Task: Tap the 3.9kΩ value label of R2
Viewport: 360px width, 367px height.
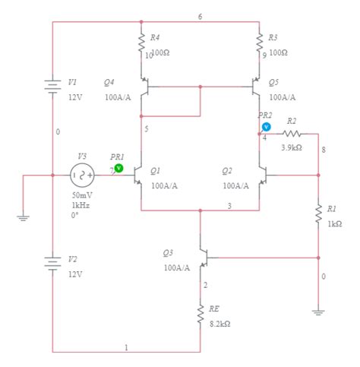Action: [292, 147]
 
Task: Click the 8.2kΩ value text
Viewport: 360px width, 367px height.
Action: [220, 323]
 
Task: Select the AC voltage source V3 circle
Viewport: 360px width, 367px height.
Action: [81, 175]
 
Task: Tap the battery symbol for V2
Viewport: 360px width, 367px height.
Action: [52, 263]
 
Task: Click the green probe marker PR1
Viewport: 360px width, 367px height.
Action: [118, 167]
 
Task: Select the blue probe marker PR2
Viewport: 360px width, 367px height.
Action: [266, 126]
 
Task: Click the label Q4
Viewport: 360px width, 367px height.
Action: [110, 82]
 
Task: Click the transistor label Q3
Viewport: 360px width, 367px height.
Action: [169, 252]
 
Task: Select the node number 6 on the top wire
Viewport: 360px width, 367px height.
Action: [200, 17]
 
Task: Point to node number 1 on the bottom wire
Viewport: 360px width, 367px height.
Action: [126, 346]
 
